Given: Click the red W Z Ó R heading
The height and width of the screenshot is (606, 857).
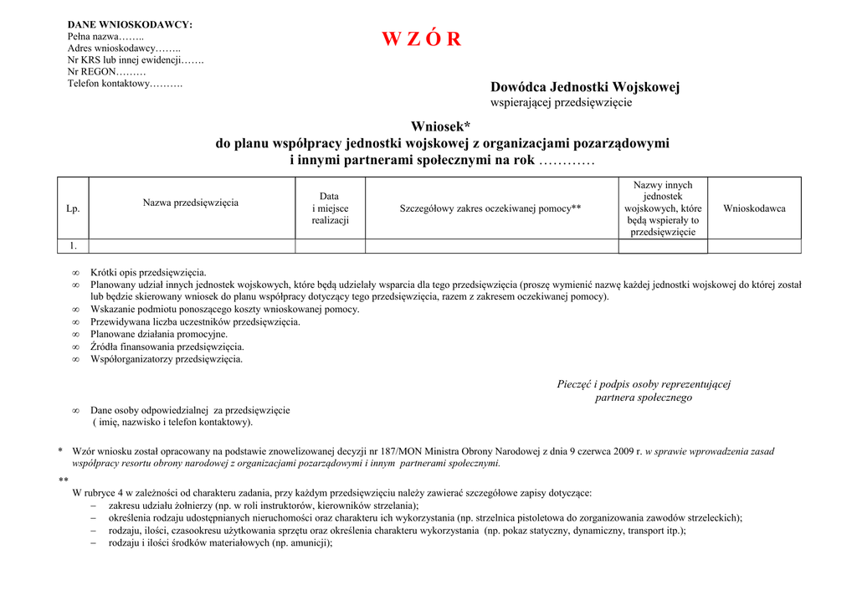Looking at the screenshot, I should click(x=421, y=39).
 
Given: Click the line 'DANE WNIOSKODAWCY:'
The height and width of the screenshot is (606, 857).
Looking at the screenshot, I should click(x=130, y=25).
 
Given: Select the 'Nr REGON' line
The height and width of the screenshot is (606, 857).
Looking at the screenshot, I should click(x=106, y=72).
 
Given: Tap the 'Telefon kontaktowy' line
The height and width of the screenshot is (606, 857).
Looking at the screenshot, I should click(x=125, y=84).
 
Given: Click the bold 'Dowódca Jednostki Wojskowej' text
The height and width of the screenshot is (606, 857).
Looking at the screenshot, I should click(x=584, y=87).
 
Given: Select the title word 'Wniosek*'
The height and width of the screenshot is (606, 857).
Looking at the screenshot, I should click(x=440, y=126).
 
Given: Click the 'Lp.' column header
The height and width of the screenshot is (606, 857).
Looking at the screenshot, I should click(x=73, y=208).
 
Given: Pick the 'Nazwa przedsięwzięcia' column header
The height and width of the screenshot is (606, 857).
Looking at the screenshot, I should click(x=191, y=203).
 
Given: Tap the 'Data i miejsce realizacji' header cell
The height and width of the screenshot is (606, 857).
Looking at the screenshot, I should click(x=330, y=208).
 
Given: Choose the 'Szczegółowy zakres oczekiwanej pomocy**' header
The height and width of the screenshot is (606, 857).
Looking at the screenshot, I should click(x=490, y=208).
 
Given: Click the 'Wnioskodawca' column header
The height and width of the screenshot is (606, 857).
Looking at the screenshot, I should click(x=754, y=208).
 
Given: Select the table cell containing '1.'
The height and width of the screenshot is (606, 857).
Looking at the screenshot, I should click(x=73, y=246).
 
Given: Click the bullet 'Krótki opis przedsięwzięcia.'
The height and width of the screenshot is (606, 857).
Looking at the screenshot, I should click(x=148, y=272).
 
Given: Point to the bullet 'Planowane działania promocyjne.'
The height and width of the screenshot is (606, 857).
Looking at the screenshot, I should click(x=159, y=334).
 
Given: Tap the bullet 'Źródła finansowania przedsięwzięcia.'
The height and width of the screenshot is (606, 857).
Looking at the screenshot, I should click(x=167, y=347).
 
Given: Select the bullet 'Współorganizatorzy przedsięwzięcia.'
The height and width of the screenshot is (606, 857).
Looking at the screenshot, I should click(x=167, y=359).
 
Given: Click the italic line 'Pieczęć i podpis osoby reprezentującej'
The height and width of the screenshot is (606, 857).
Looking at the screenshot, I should click(x=644, y=384).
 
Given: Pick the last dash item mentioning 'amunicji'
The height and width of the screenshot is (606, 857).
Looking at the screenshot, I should click(x=220, y=542).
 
